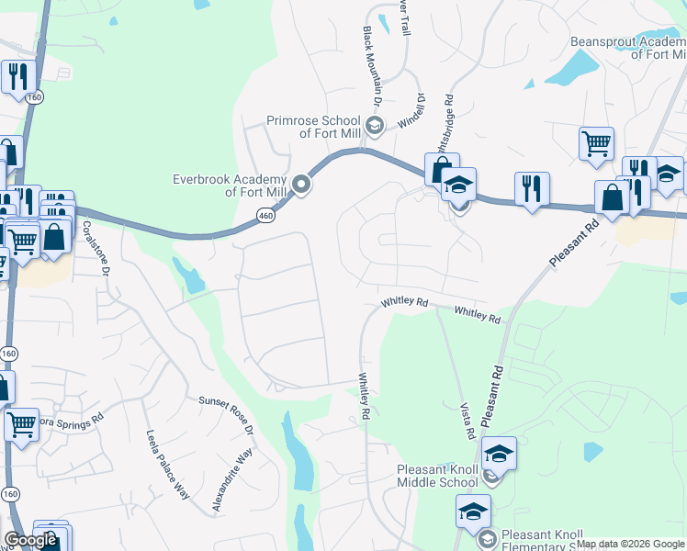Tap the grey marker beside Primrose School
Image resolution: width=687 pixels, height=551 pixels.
click(x=373, y=125)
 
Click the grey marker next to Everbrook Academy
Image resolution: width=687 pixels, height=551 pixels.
click(x=300, y=186)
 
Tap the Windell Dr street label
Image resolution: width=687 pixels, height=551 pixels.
click(x=411, y=110)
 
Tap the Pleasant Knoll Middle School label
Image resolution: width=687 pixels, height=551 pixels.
click(x=437, y=476)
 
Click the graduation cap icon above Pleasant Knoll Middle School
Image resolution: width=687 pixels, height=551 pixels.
click(x=499, y=454)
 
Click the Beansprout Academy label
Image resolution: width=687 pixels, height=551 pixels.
click(x=628, y=48)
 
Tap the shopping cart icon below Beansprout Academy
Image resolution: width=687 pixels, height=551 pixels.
click(x=596, y=143)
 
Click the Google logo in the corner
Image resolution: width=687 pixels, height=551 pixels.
click(x=30, y=540)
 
